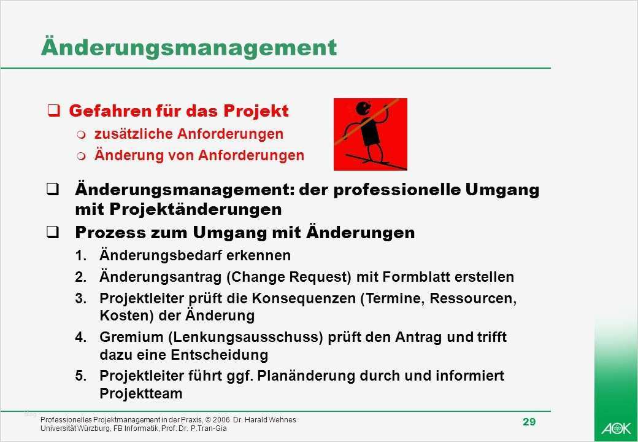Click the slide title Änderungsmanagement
pos(188,48)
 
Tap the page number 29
pos(529,422)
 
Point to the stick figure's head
pos(363,109)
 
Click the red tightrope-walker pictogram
pos(371,134)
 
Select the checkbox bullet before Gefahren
pos(54,111)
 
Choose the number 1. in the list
pos(82,255)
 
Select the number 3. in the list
pos(82,300)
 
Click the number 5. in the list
pos(82,376)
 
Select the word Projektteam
pos(141,394)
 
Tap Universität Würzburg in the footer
pos(70,428)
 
